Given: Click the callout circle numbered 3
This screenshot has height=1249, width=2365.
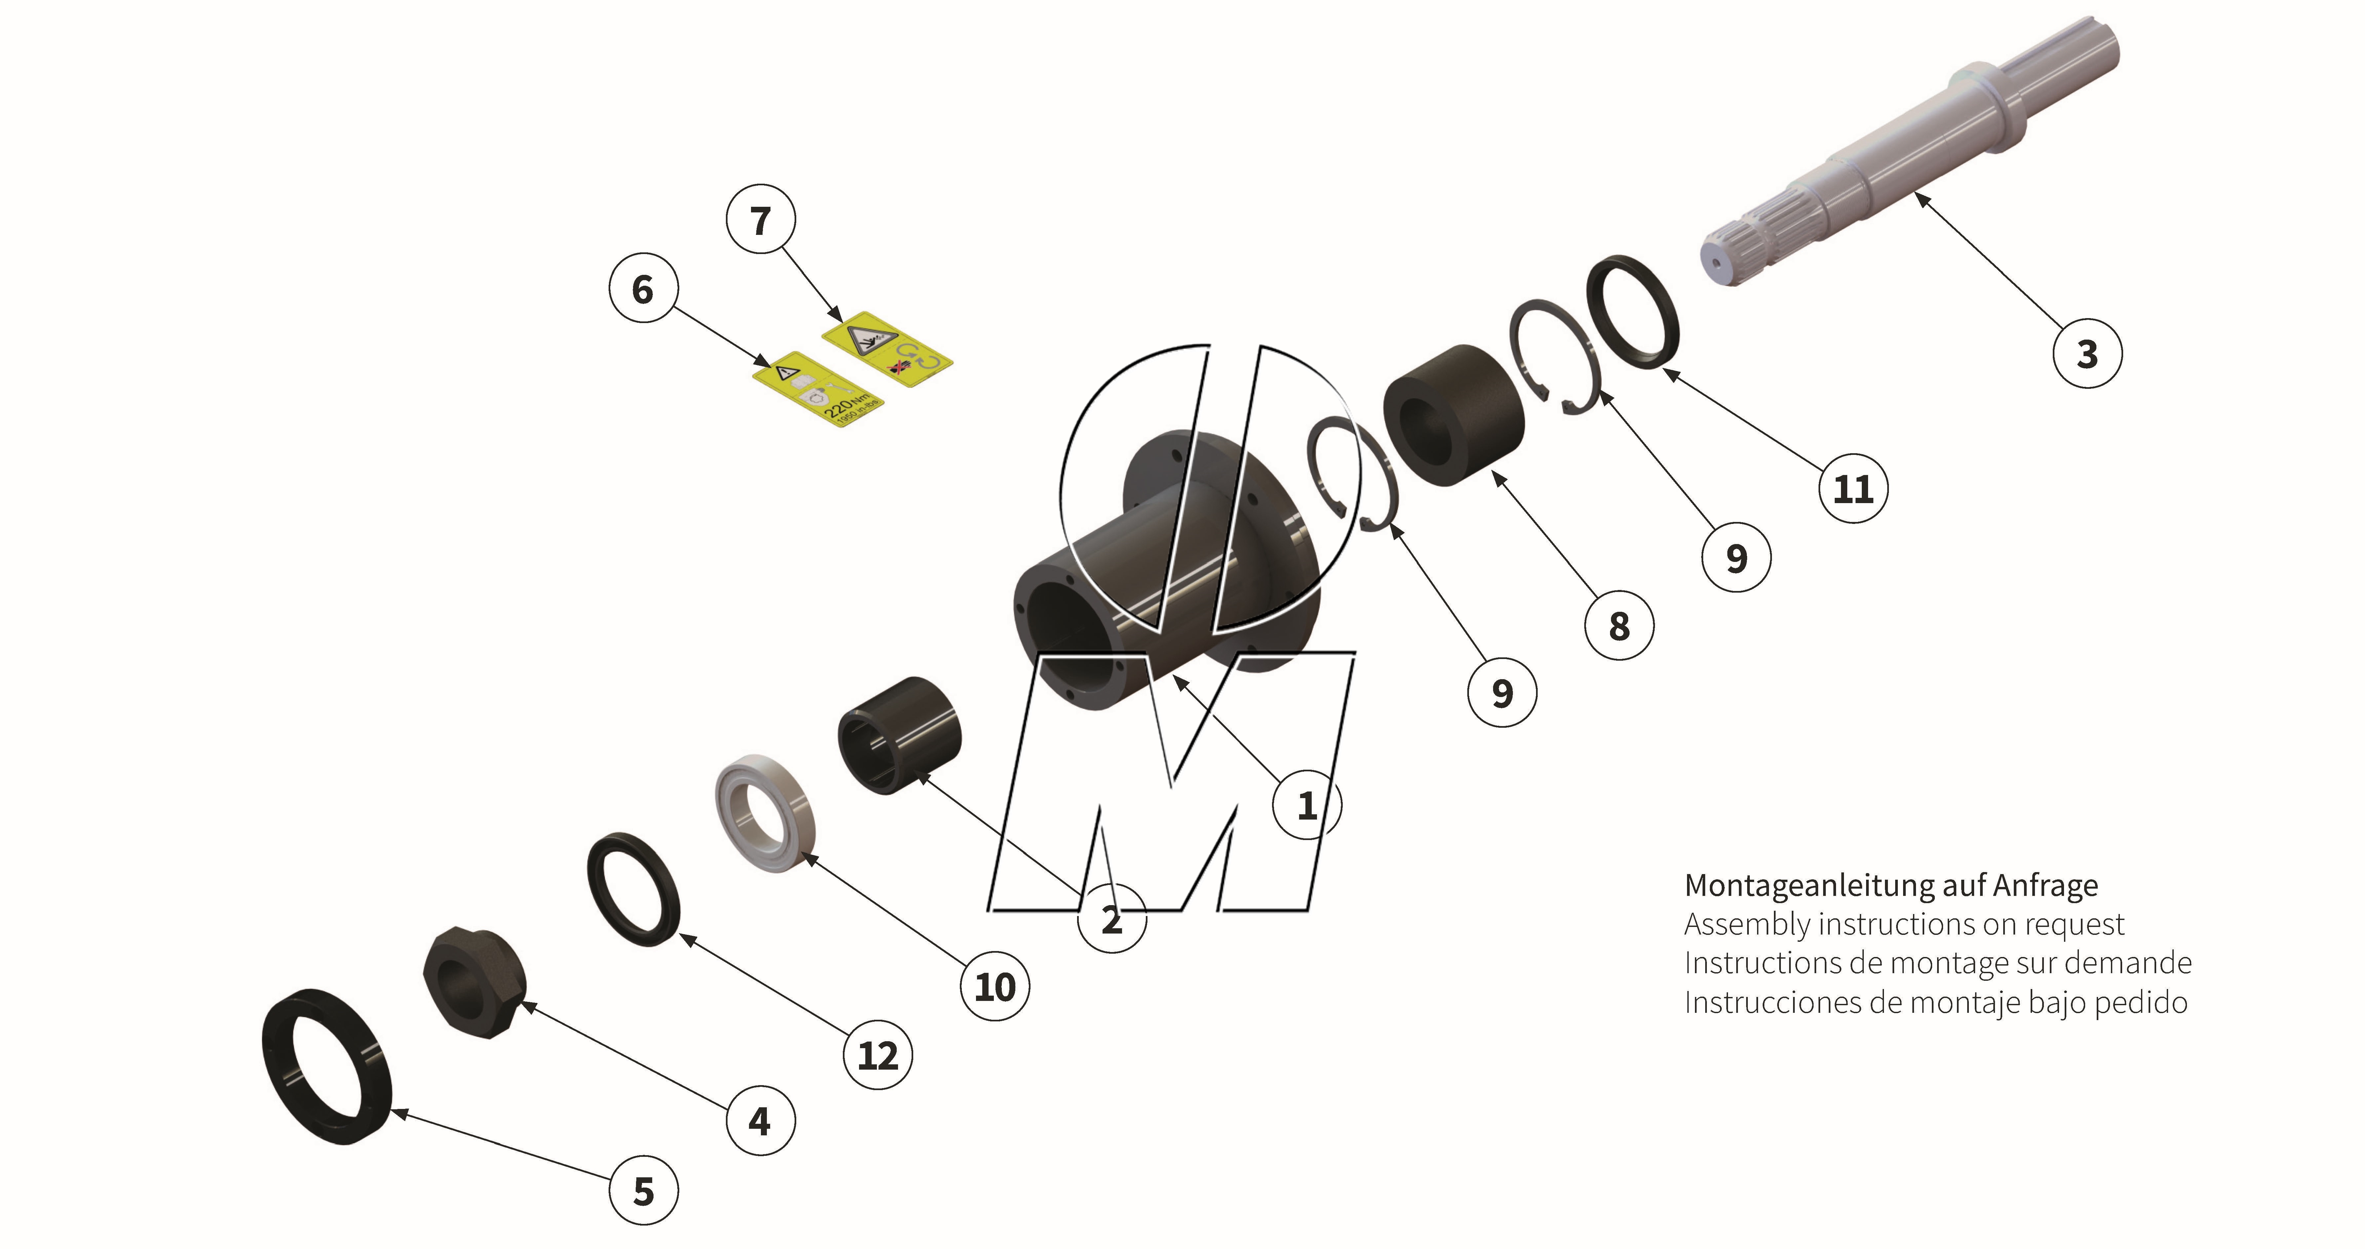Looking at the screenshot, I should click(2087, 353).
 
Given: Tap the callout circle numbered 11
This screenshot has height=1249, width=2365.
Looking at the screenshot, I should click(1853, 488).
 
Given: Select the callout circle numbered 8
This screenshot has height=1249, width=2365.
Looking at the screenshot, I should click(1619, 626).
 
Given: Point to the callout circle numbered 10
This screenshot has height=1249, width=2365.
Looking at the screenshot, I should click(994, 986).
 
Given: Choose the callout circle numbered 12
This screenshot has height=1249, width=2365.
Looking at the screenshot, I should click(877, 1055).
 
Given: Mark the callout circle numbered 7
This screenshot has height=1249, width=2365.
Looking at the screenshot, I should click(760, 220).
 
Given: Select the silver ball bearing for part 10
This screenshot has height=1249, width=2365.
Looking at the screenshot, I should click(765, 813).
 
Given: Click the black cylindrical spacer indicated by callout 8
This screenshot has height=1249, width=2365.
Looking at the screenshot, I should click(1453, 415).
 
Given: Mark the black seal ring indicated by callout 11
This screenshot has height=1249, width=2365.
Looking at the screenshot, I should click(1633, 312).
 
